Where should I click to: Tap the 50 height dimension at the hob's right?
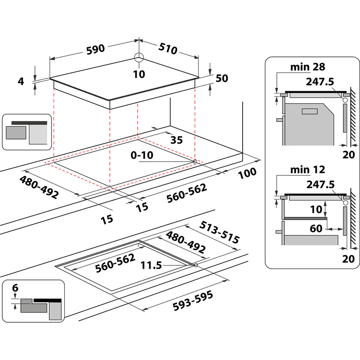tap(222, 78)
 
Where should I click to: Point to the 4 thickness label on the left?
tap(20, 81)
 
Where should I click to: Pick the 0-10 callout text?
tap(142, 155)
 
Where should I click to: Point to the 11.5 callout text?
tap(151, 265)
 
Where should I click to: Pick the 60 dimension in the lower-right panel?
tap(316, 229)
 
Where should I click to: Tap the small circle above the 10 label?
tap(139, 57)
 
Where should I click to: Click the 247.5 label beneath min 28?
tap(320, 82)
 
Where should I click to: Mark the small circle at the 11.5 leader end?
tap(195, 265)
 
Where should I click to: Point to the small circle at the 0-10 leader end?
tap(194, 161)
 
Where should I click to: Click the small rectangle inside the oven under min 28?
tap(309, 111)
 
